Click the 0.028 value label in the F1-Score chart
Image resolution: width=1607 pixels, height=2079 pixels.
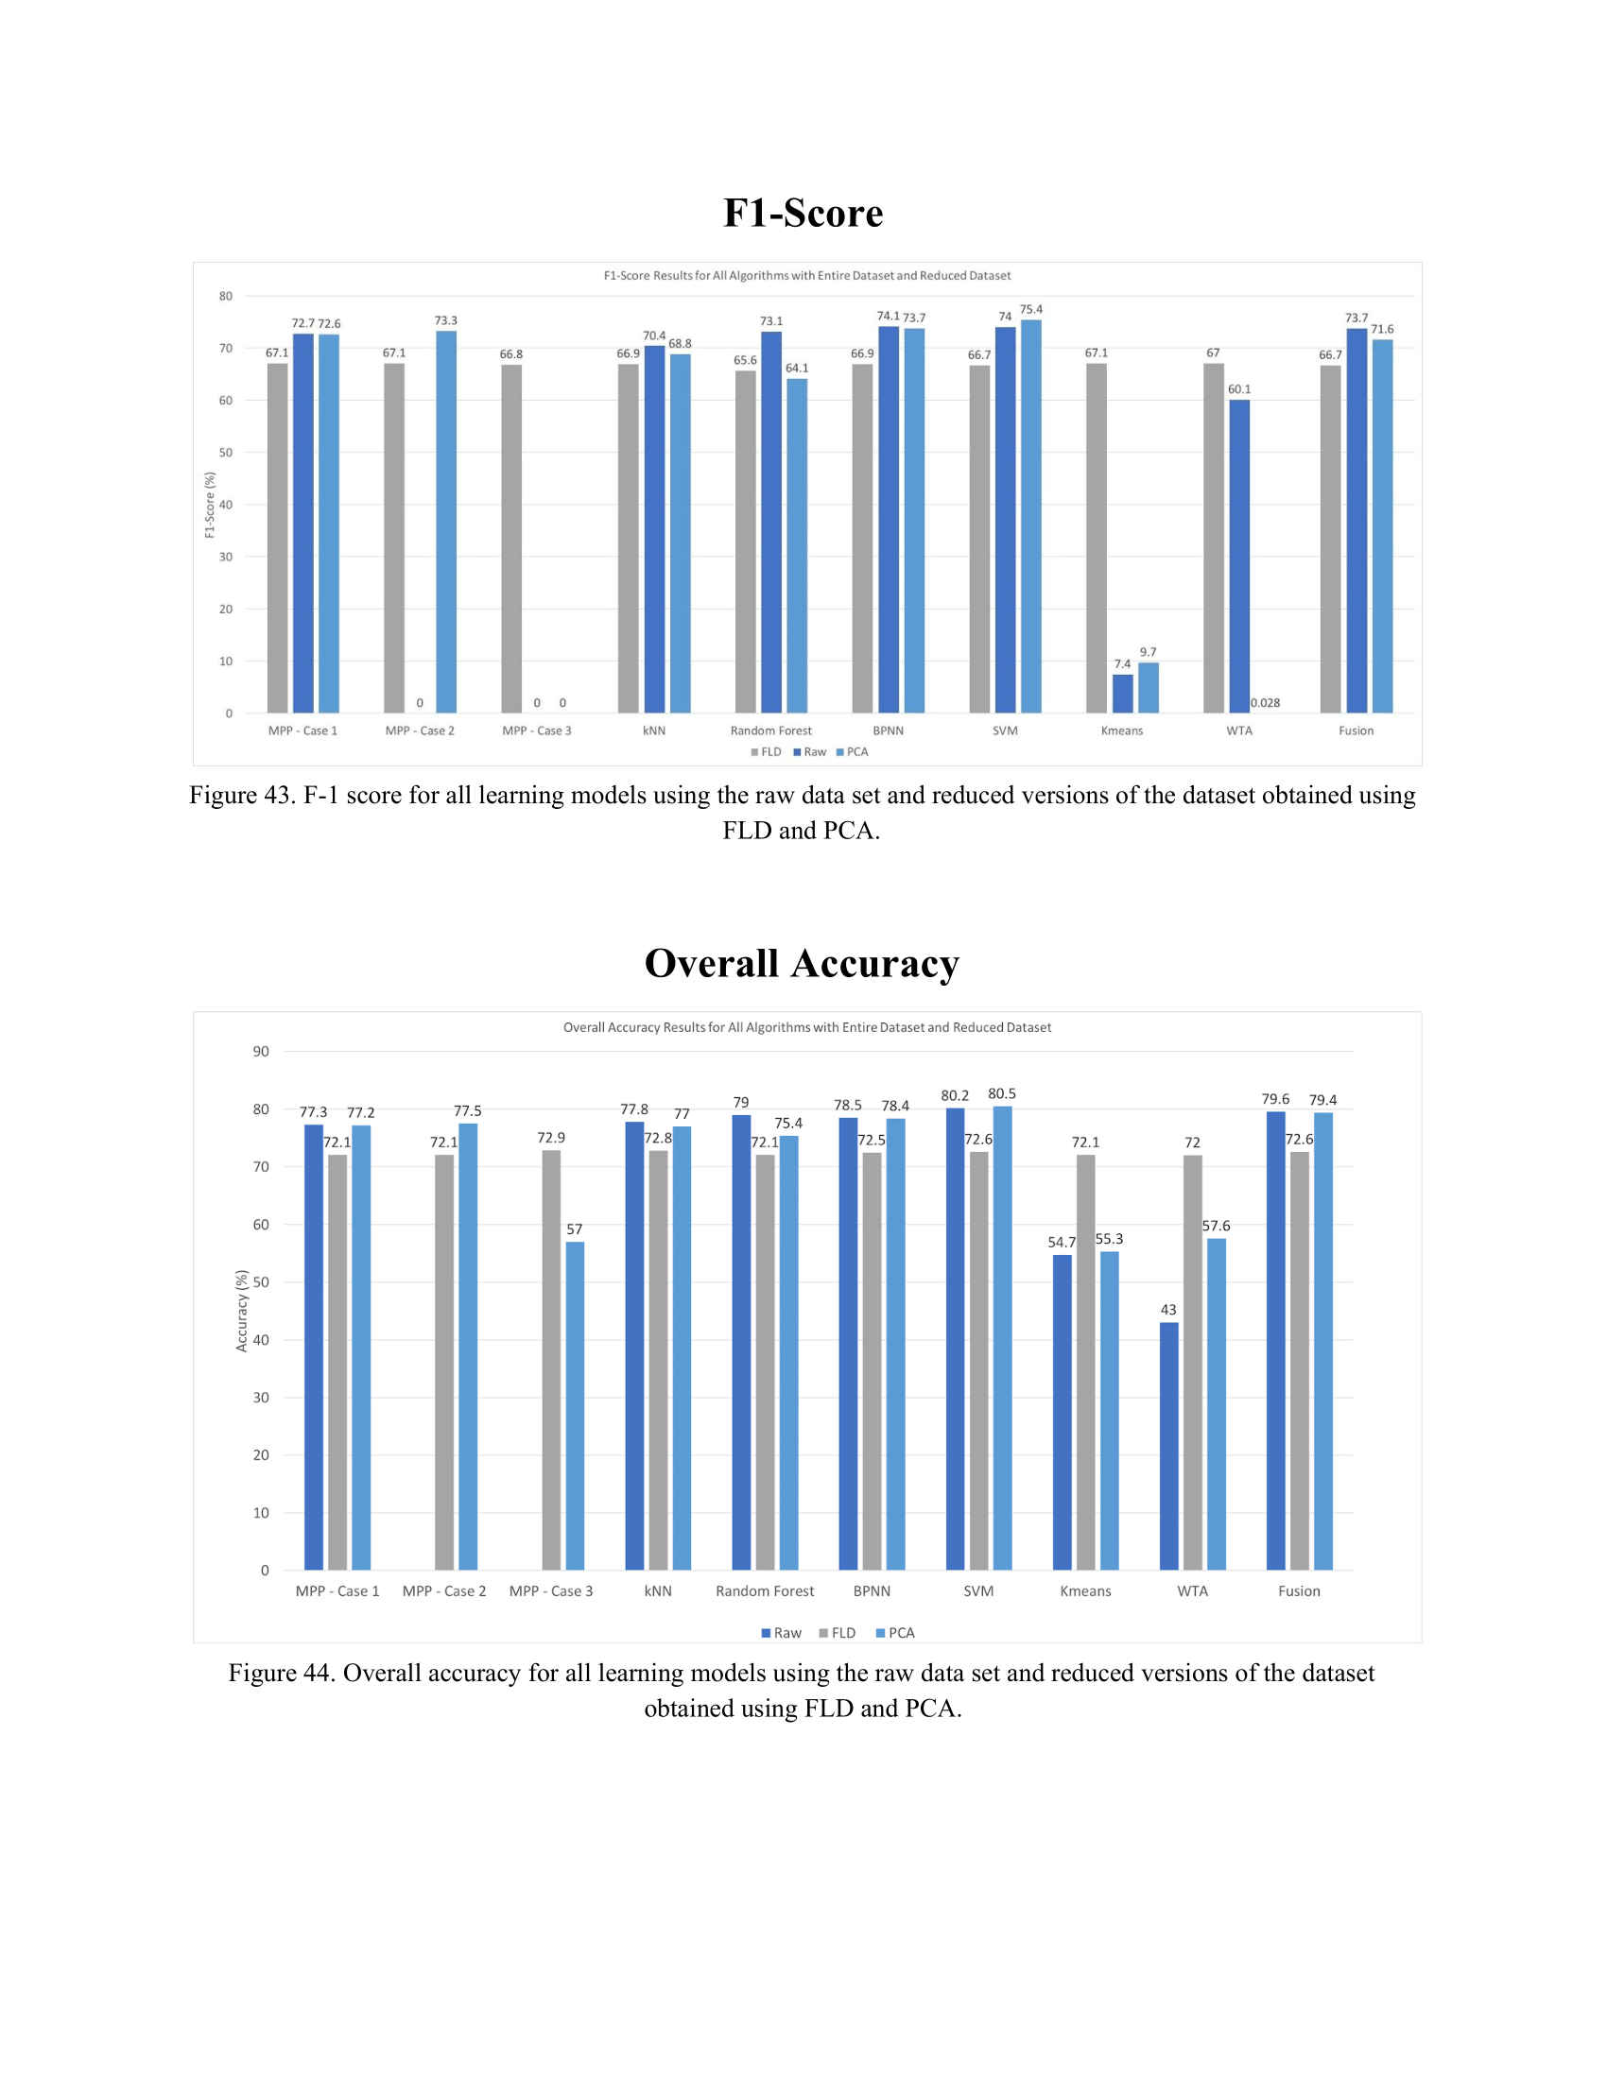click(1265, 702)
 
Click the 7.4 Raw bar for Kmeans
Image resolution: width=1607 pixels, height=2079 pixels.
click(1122, 694)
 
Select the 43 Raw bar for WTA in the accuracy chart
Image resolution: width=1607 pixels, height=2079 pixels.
click(1168, 1446)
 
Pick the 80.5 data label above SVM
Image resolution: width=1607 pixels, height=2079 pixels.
click(1001, 1093)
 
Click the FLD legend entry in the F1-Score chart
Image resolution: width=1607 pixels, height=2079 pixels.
click(767, 752)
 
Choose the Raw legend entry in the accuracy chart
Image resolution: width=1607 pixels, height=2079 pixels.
click(782, 1633)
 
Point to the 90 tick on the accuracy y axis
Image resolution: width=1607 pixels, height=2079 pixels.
click(261, 1052)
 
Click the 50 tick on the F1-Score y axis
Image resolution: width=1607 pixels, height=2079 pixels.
click(226, 452)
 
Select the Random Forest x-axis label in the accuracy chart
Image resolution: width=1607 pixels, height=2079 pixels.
click(765, 1590)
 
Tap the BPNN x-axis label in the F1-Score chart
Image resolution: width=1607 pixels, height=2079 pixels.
click(889, 730)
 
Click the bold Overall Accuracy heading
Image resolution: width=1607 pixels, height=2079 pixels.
click(802, 963)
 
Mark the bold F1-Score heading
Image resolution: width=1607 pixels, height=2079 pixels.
click(803, 214)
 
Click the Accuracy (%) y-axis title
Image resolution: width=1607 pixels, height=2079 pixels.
click(242, 1311)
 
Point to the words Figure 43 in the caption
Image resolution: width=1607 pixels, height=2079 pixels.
click(241, 795)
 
